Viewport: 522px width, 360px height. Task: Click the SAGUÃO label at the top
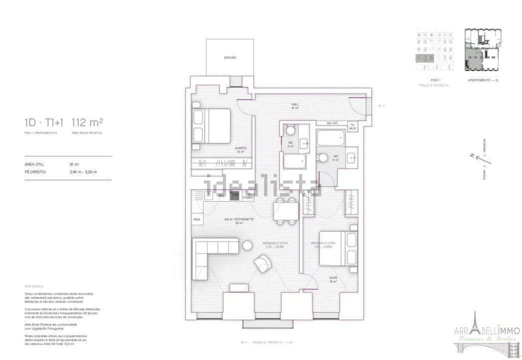click(230, 58)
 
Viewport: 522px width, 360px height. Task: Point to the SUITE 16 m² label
click(332, 279)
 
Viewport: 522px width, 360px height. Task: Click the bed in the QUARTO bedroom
click(212, 126)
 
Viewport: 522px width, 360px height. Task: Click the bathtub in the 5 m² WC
click(331, 138)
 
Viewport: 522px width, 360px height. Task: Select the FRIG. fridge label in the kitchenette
click(196, 219)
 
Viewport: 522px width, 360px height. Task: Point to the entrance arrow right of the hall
click(382, 105)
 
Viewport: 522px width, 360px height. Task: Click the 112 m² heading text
click(87, 122)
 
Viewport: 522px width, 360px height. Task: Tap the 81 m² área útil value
click(75, 163)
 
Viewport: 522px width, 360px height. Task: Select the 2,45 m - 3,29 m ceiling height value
click(83, 171)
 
